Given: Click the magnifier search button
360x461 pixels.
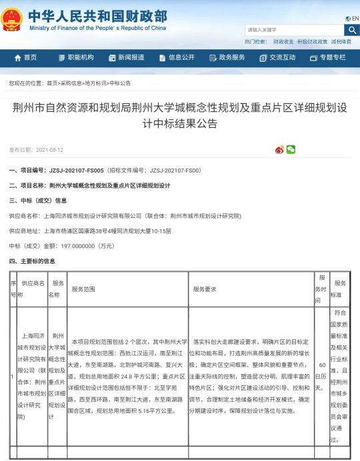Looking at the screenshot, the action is coord(351,30).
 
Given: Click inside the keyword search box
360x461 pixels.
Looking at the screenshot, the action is coord(293,30).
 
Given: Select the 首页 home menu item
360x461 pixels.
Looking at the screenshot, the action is coord(26,58).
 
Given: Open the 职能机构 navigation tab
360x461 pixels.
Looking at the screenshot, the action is coord(75,58).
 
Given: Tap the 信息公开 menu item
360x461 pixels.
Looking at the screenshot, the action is coord(177,58).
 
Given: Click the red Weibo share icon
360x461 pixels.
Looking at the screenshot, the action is coord(280,150).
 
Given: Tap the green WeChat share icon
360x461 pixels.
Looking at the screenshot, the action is coord(291,150).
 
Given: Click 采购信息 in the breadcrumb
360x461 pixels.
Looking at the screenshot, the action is coord(70,83).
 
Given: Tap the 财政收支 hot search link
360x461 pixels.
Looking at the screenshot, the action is coord(283,41).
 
